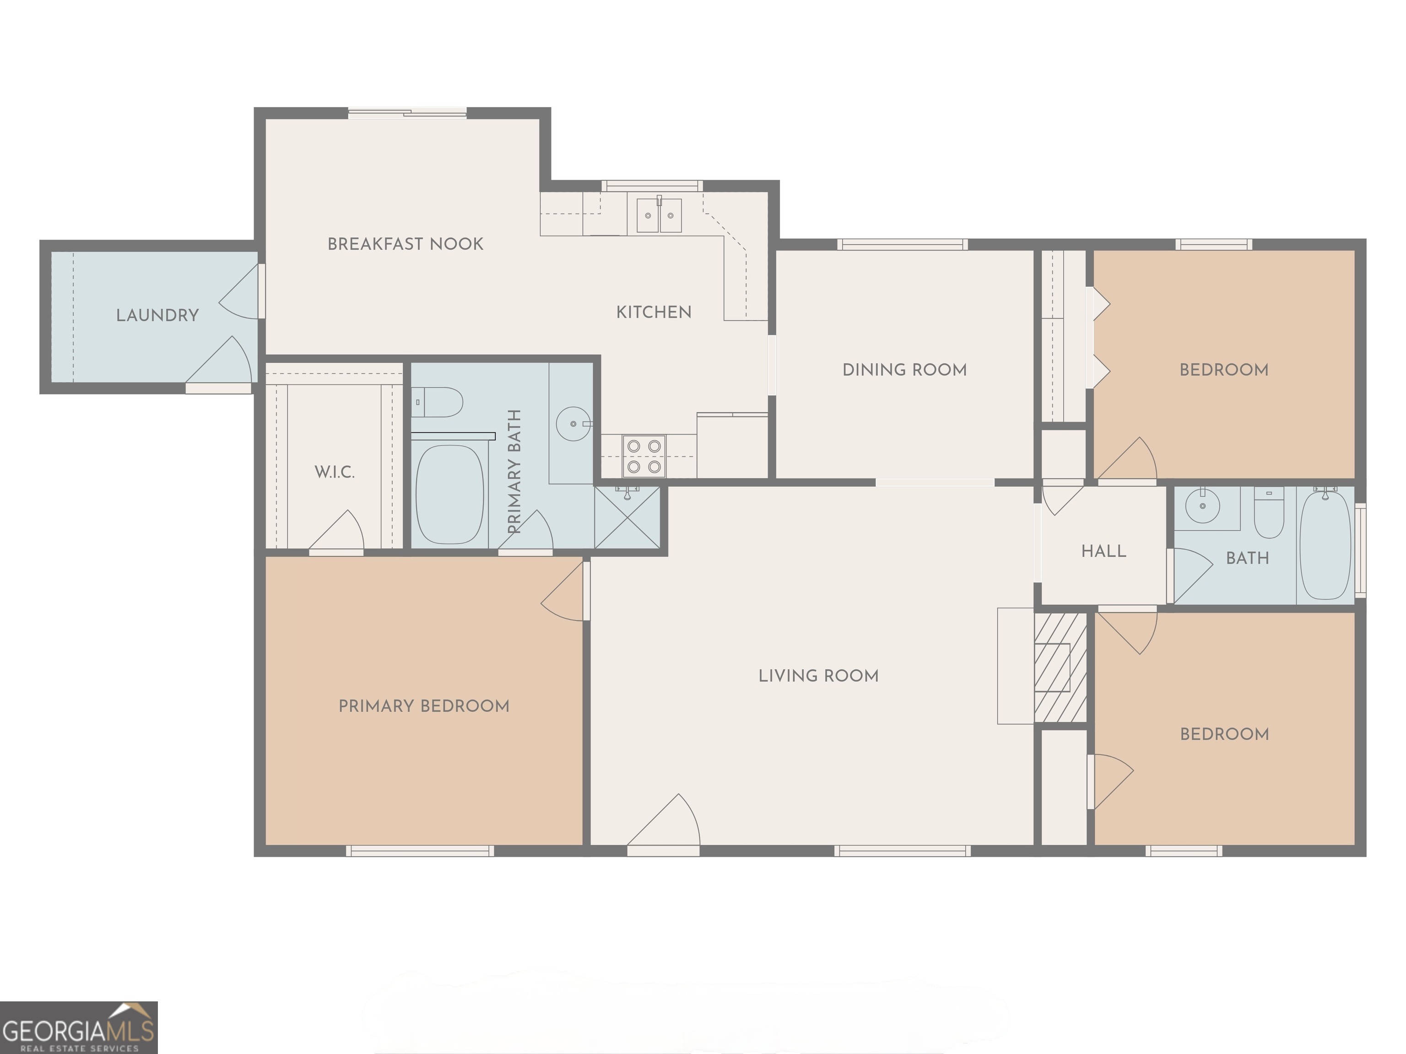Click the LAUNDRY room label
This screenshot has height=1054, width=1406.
(157, 315)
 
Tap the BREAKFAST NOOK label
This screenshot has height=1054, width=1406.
(405, 244)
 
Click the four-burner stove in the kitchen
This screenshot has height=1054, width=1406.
(644, 456)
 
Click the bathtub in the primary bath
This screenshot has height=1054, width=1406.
(449, 494)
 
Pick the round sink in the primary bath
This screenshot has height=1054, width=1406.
(573, 423)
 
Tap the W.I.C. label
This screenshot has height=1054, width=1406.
(335, 472)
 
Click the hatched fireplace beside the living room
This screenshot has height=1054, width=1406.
(1060, 667)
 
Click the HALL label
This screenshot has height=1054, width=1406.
(1103, 551)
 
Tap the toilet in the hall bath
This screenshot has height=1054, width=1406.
(1268, 513)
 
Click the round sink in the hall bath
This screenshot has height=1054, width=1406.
(1203, 506)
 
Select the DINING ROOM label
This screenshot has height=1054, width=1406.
(904, 370)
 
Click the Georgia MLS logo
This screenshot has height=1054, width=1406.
(78, 1027)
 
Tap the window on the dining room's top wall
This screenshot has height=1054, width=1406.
(902, 245)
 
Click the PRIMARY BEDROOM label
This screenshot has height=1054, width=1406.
(423, 706)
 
